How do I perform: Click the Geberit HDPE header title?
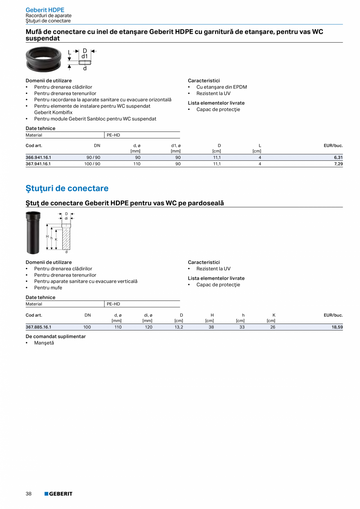coord(45,10)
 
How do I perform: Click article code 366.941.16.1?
coord(38,158)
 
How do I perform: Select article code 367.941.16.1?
coord(38,164)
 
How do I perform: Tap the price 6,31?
coord(338,158)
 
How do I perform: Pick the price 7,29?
coord(338,164)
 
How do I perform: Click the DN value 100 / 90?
coord(92,164)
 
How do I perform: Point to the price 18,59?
coord(337,327)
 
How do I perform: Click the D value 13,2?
coord(178,327)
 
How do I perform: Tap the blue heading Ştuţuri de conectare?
coord(67,189)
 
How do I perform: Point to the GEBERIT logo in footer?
coord(58,494)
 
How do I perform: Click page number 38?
coord(29,494)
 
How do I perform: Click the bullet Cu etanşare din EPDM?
coord(221,87)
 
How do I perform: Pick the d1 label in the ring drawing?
coord(85,56)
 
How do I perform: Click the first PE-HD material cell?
coord(113,135)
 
